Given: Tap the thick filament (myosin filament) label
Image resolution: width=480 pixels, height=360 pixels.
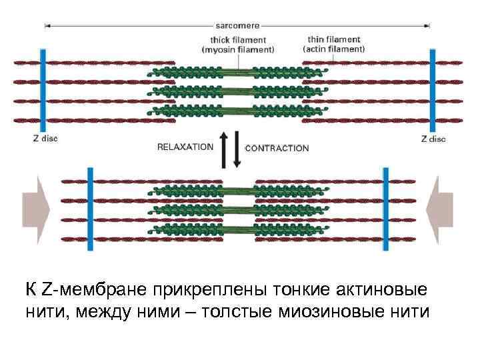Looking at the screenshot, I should (237, 45).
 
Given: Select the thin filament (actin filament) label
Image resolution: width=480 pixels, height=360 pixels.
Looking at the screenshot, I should (334, 44).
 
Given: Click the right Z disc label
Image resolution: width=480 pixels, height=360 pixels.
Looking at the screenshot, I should (433, 139).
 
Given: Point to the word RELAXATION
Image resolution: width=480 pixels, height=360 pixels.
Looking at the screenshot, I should (185, 147).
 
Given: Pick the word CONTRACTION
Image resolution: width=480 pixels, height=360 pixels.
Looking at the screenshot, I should (277, 147).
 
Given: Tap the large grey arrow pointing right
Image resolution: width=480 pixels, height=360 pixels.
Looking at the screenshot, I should (36, 210).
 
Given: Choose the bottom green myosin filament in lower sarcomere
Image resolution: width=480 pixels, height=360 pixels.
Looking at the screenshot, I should (237, 230).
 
